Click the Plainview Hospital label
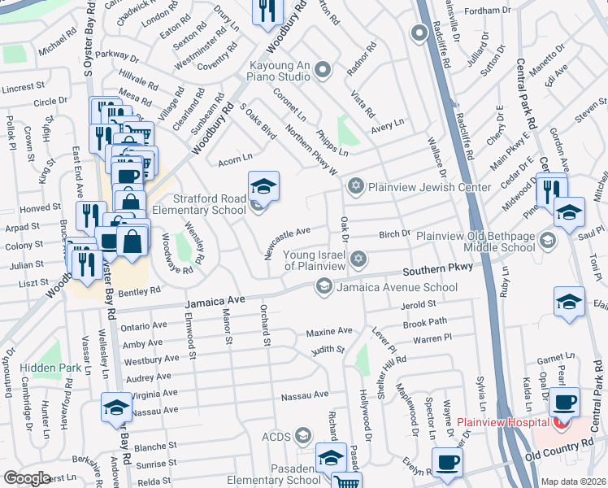504,422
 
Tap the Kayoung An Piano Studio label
270,71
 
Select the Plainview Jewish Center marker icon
355,187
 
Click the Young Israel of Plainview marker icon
358,259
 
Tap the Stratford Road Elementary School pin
263,190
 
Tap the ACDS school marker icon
304,437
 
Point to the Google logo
28,478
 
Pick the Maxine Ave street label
329,331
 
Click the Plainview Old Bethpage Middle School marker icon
548,240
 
